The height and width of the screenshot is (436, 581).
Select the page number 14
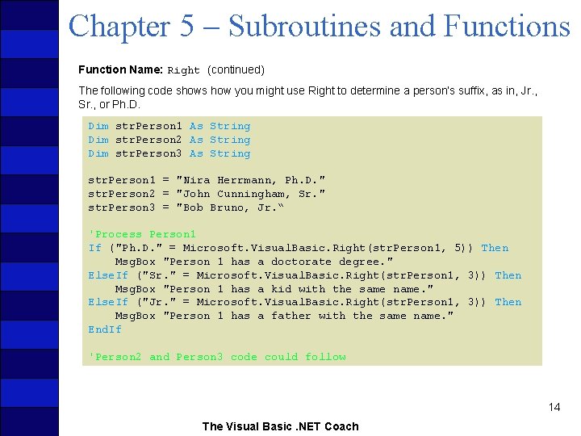click(554, 407)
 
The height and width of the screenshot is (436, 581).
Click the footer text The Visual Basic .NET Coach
click(280, 426)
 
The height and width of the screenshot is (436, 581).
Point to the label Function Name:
click(120, 70)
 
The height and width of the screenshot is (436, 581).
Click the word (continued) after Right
click(236, 70)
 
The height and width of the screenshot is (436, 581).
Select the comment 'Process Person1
click(142, 235)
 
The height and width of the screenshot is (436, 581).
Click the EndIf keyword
click(105, 329)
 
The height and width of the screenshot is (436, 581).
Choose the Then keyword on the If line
click(495, 248)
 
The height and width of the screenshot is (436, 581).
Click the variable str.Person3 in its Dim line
click(148, 153)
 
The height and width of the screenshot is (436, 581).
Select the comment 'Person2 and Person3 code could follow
click(217, 357)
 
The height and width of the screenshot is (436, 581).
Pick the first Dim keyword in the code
click(98, 126)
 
